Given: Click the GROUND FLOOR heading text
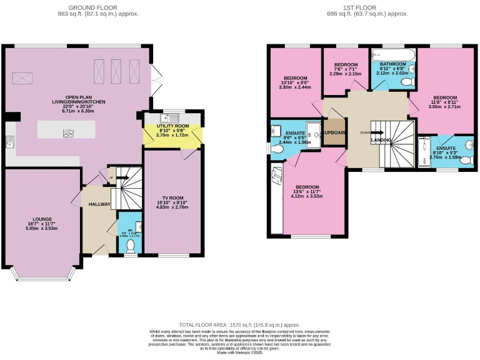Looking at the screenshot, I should point(103,7).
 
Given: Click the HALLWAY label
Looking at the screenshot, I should point(98,204).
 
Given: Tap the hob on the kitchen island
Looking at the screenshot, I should point(67,132).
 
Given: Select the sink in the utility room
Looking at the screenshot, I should point(169,117).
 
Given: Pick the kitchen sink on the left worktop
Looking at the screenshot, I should point(9,142).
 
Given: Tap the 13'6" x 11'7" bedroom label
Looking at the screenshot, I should point(307,191).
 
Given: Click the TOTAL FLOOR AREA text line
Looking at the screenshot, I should point(239,325).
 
